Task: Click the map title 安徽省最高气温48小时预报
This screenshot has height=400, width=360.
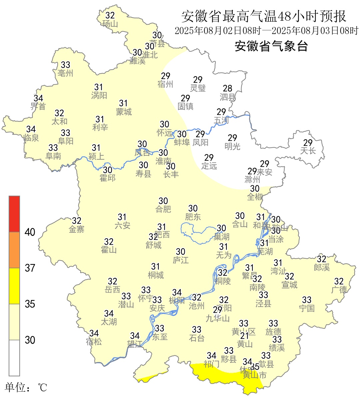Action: [264, 16]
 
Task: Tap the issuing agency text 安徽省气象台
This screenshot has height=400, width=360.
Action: [271, 46]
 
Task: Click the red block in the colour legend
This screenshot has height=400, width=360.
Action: [14, 214]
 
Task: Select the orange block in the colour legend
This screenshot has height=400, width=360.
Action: [14, 250]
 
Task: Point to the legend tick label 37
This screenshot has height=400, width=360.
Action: [30, 268]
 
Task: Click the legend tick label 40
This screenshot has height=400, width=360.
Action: [30, 232]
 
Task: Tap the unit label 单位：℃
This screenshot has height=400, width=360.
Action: [26, 388]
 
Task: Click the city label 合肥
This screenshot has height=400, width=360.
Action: [163, 209]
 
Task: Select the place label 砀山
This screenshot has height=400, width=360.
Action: [110, 24]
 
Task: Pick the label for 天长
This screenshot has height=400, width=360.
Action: [308, 151]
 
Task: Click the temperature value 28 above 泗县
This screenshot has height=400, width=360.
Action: [228, 88]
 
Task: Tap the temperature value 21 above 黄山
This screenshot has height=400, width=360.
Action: [245, 336]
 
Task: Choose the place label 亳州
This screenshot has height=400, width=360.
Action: [65, 73]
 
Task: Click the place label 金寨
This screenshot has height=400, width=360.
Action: [77, 229]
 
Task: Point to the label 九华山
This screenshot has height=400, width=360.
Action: [218, 318]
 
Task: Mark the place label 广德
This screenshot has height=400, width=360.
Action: [339, 290]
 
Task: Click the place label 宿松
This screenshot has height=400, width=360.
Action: [94, 342]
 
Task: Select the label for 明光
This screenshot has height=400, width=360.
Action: [232, 146]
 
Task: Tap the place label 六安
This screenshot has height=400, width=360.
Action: [122, 226]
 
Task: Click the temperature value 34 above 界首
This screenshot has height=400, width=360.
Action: [38, 98]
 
